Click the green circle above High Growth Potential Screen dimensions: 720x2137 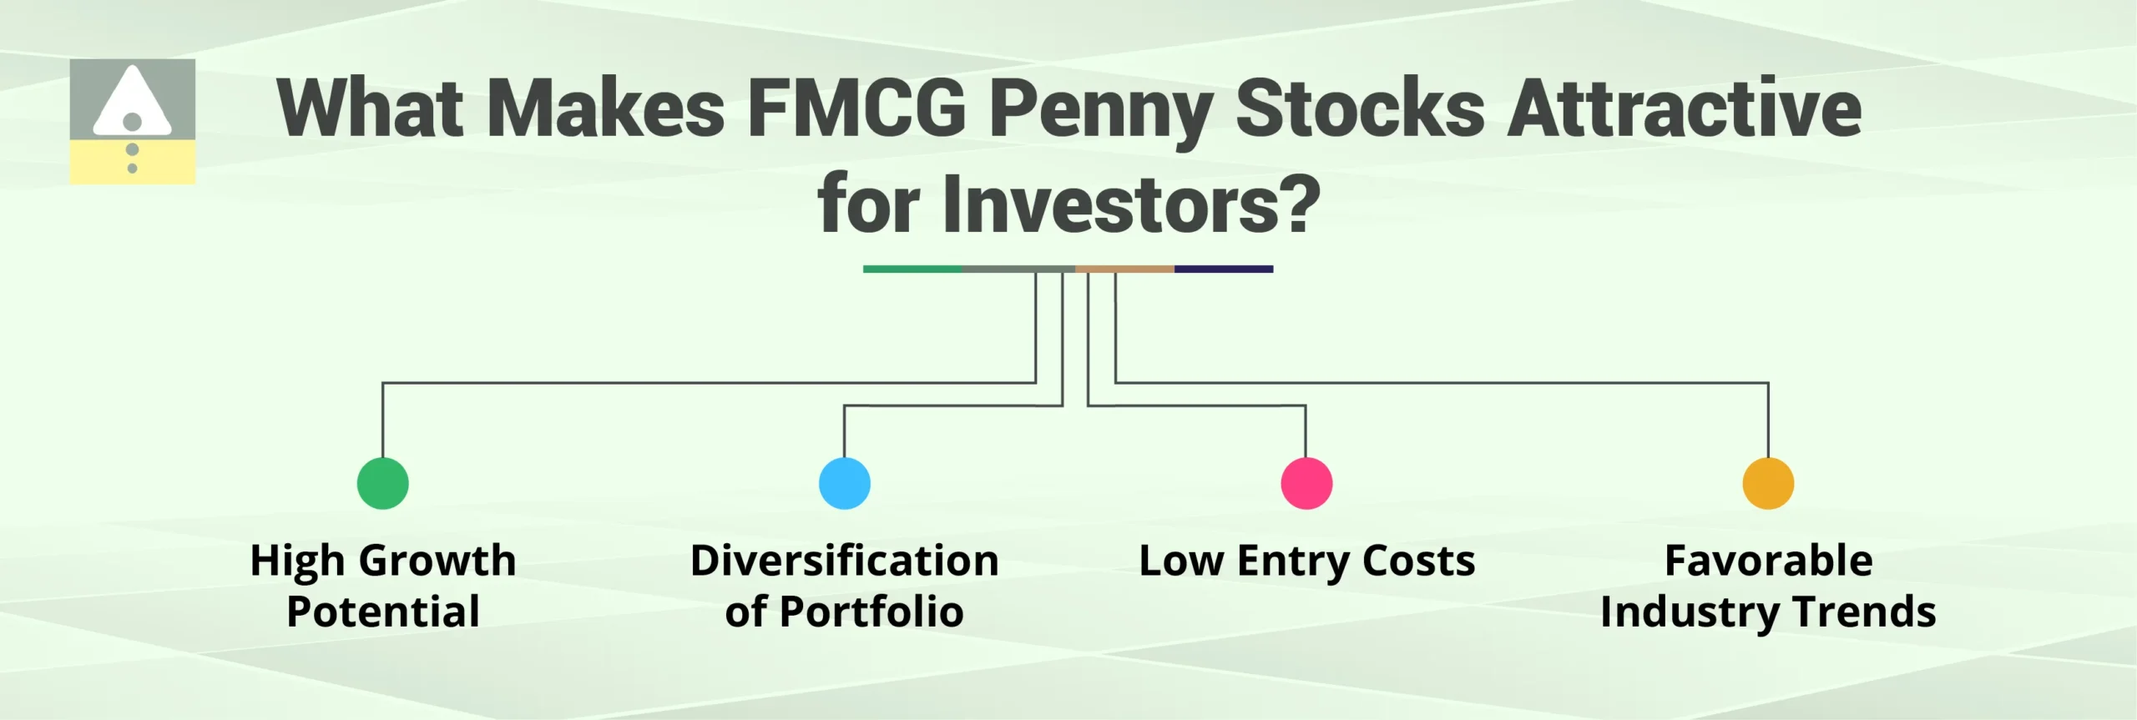[382, 483]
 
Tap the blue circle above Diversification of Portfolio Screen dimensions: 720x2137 [844, 483]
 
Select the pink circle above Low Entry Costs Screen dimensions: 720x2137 [1306, 483]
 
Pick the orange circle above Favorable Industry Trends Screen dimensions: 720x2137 [1768, 483]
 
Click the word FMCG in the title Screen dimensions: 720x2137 [856, 108]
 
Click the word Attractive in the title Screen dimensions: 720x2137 [1685, 108]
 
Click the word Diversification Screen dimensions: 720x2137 [844, 560]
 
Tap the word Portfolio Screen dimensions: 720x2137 [871, 612]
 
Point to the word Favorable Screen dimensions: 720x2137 [1768, 560]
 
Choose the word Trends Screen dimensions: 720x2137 [1864, 612]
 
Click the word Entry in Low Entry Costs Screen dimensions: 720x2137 [1291, 561]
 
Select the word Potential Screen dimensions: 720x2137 [382, 612]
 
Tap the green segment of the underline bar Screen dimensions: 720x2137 [912, 269]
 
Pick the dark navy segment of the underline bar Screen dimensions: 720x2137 [1224, 269]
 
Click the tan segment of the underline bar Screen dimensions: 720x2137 [1124, 269]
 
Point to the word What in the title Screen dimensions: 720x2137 [371, 108]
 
